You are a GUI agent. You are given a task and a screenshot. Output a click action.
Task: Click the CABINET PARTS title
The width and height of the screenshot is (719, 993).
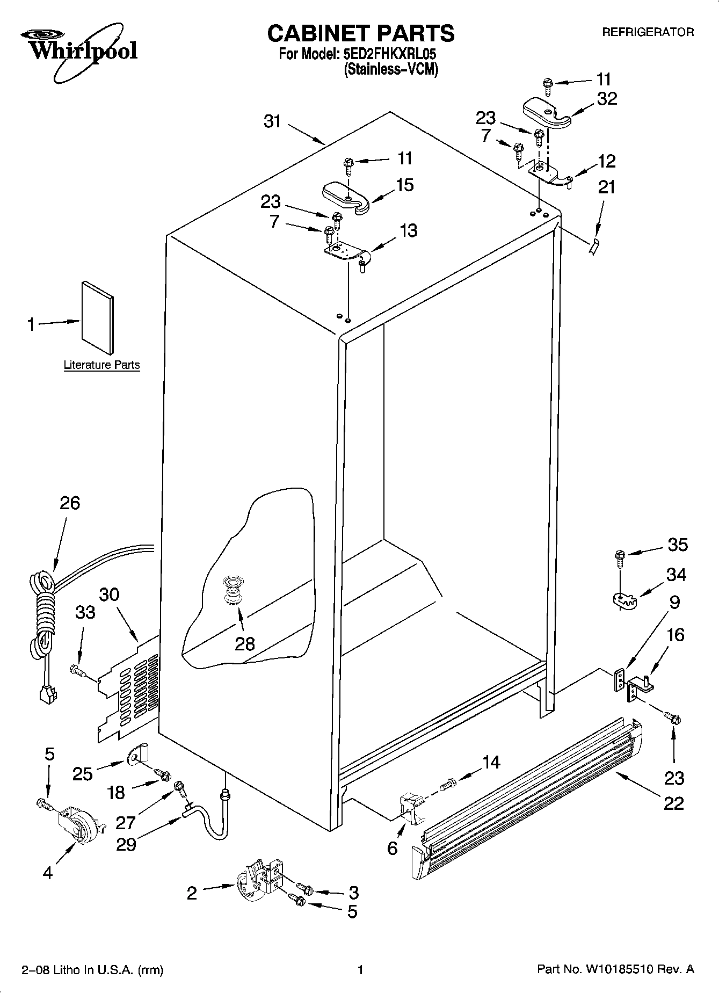tap(360, 33)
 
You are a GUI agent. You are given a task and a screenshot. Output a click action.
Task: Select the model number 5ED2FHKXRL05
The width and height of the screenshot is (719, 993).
tap(389, 54)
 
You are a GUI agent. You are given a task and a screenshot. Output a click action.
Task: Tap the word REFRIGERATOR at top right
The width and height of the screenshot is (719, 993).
tap(648, 32)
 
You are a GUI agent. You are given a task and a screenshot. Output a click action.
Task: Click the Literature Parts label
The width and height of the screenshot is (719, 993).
tap(101, 365)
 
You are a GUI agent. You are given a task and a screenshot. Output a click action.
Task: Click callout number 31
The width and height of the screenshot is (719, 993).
tap(272, 122)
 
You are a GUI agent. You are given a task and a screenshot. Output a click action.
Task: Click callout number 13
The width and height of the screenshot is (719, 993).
tap(408, 230)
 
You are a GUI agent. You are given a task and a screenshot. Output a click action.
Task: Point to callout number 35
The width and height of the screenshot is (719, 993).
tap(677, 545)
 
